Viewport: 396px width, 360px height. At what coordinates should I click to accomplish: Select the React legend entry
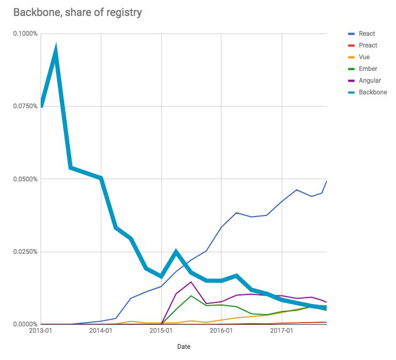coord(367,34)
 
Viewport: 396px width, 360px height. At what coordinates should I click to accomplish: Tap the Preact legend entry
coord(368,45)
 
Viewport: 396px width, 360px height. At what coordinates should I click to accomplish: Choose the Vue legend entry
coord(365,57)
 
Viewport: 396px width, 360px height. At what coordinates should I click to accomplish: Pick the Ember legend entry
coord(368,69)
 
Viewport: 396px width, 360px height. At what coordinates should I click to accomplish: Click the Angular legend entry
coord(370,81)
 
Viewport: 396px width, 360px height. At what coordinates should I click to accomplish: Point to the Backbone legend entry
coord(373,92)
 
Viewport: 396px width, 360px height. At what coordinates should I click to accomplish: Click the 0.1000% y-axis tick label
coord(25,34)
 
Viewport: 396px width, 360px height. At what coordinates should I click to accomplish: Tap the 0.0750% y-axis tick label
coord(25,106)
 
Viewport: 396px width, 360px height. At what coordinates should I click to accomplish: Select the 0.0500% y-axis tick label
coord(25,179)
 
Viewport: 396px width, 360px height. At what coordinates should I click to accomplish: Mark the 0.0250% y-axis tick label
coord(25,252)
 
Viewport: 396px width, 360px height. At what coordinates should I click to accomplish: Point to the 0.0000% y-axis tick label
coord(25,324)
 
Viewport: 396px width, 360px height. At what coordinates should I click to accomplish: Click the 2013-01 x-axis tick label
coord(41,331)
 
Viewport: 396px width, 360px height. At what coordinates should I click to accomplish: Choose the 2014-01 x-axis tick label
coord(101,331)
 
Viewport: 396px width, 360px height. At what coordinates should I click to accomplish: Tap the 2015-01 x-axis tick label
coord(161,331)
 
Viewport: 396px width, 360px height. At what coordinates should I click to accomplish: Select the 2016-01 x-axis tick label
coord(221,331)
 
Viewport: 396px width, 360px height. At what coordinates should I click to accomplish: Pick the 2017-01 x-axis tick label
coord(282,331)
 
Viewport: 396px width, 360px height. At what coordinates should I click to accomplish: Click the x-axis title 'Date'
coord(184,347)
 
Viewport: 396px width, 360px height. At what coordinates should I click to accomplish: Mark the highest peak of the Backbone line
coord(56,50)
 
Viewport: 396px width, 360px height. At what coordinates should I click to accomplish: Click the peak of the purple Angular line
coord(191,282)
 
